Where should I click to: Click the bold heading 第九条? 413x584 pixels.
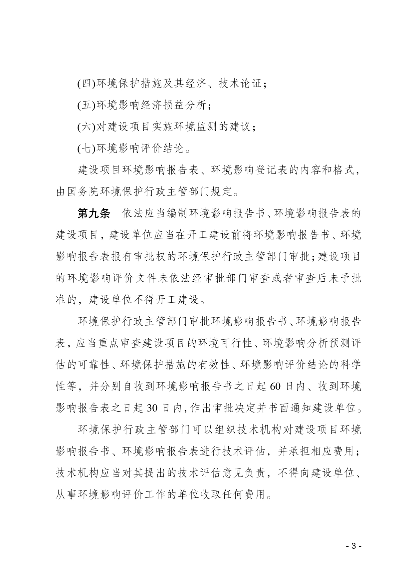(x=94, y=213)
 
